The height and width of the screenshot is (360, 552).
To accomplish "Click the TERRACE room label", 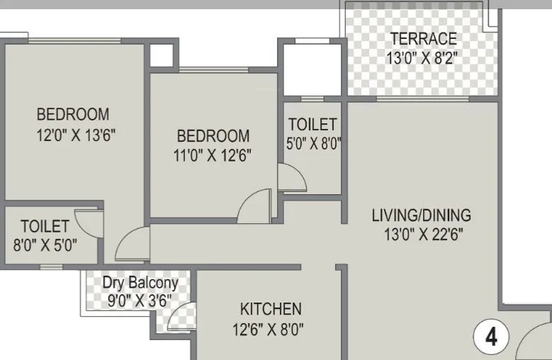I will click(424, 38).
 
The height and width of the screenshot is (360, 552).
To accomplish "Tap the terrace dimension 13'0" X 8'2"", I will click(423, 57).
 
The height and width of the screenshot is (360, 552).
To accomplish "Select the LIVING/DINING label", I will click(421, 215).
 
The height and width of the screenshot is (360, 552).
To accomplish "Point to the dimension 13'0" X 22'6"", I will click(421, 234).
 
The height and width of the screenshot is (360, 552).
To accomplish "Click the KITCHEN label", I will click(271, 309).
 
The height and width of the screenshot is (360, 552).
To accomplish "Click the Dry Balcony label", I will click(140, 283).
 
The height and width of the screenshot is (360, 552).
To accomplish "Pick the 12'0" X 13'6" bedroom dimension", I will click(77, 135).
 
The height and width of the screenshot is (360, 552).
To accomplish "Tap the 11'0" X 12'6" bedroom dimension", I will click(213, 154).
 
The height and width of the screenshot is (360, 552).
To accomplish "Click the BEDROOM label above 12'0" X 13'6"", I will click(73, 114).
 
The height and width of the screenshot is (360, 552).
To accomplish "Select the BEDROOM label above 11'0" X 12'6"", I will click(213, 135).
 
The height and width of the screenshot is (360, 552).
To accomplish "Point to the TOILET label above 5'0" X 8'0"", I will click(312, 125).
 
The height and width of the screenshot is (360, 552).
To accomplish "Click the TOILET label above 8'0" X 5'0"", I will click(45, 227).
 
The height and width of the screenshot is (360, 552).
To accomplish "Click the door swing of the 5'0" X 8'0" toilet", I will click(291, 177).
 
